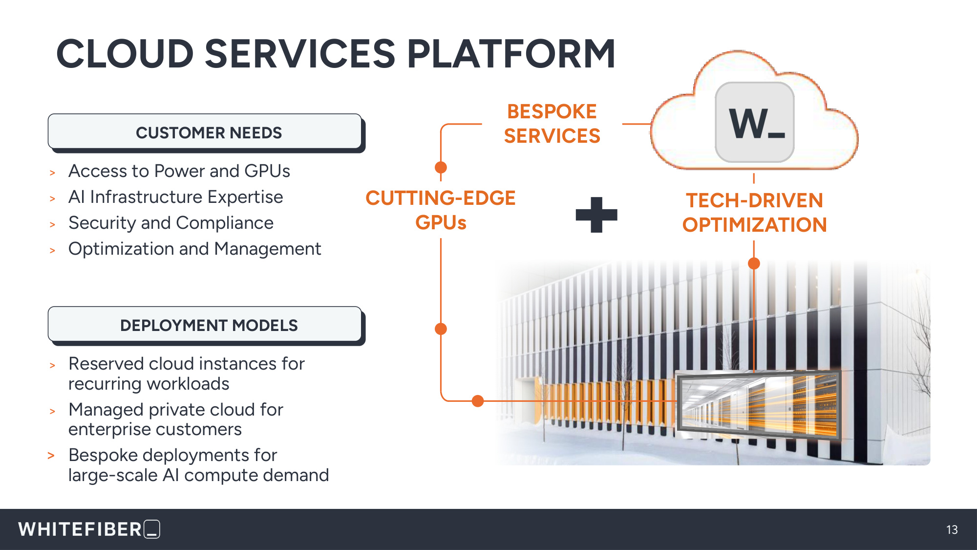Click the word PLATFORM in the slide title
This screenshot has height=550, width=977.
click(511, 54)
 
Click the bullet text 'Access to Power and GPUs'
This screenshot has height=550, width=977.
click(179, 171)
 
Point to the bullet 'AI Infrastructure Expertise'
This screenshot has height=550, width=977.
click(176, 197)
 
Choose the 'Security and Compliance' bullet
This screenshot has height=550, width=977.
click(171, 223)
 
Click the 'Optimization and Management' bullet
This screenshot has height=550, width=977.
click(195, 249)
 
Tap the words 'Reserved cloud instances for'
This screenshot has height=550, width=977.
click(187, 364)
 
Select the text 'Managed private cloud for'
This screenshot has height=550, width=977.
click(176, 410)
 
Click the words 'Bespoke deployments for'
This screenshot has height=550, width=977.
click(173, 455)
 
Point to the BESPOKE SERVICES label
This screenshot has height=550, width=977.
click(552, 124)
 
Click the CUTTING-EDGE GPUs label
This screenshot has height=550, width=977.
click(441, 210)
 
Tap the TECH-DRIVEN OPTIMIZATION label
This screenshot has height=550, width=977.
click(755, 213)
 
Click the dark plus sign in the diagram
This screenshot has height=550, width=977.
click(596, 215)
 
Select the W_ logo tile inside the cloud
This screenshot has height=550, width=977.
click(755, 122)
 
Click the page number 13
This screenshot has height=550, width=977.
click(952, 530)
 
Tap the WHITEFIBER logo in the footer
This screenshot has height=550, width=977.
click(89, 529)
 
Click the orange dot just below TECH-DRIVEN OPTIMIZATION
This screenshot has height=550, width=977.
click(754, 264)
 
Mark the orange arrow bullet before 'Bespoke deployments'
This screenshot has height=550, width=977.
click(51, 456)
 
